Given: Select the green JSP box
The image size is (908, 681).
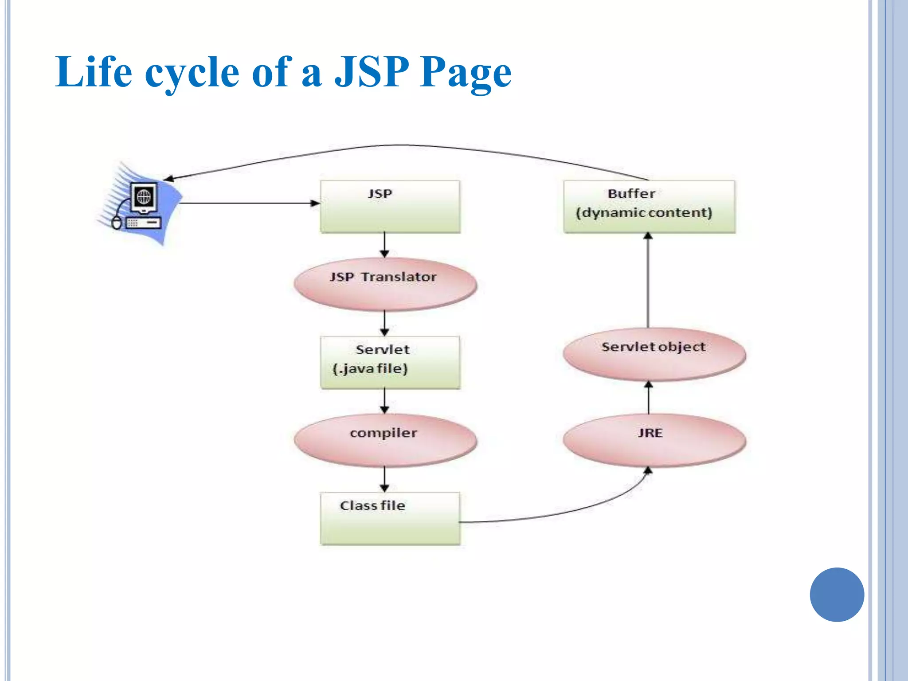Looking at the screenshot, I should tap(390, 207).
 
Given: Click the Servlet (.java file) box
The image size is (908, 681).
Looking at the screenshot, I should tap(390, 362).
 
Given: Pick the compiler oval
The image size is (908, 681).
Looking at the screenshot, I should tap(385, 440).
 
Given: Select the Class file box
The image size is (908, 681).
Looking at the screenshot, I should tap(390, 518).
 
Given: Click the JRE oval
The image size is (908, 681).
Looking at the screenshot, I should tap(654, 440).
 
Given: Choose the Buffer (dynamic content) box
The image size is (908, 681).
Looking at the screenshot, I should tap(649, 207).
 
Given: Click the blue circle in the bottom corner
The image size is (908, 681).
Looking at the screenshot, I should tap(837, 595).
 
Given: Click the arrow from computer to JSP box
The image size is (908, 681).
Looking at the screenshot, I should tap(248, 203).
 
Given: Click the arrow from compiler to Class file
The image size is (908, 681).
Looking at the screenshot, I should tap(384, 479).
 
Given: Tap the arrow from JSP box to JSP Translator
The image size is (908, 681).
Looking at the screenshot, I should tap(384, 245).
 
